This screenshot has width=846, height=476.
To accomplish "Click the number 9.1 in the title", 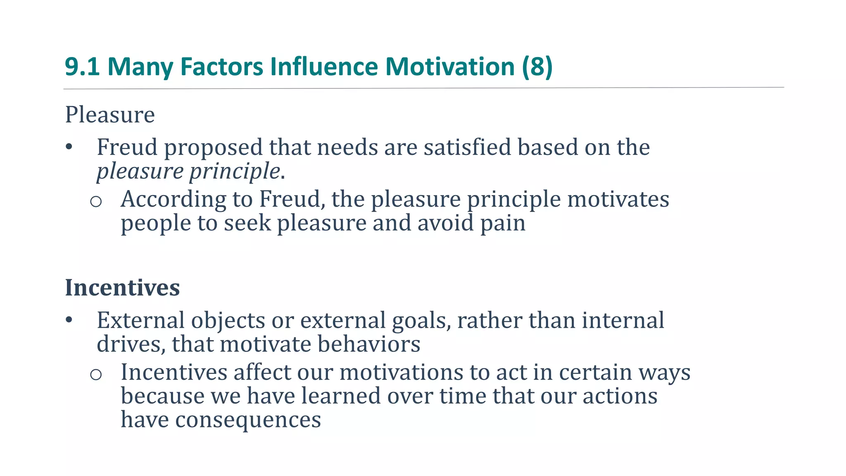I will tap(82, 67).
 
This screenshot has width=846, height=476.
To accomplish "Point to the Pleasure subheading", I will tap(110, 114).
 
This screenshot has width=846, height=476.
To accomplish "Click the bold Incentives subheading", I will tap(122, 287).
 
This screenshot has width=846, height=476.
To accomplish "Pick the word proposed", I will tap(214, 148).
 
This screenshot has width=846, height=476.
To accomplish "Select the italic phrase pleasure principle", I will tap(188, 171).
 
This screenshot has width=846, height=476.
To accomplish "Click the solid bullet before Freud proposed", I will tap(69, 147).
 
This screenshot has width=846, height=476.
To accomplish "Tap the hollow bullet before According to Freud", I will tap(96, 202).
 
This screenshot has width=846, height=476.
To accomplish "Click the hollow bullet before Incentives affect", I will tap(96, 374).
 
